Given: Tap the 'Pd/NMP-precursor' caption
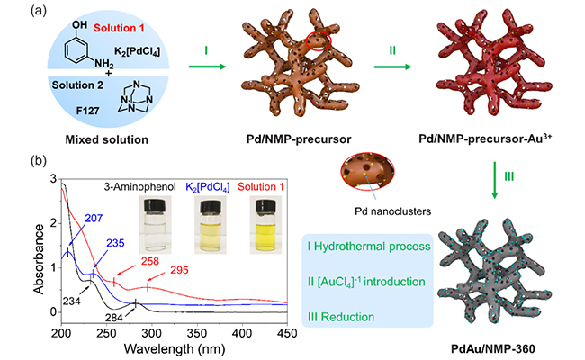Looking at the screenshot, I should [x=292, y=141].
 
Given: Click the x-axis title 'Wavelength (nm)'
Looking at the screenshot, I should [x=233, y=349].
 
